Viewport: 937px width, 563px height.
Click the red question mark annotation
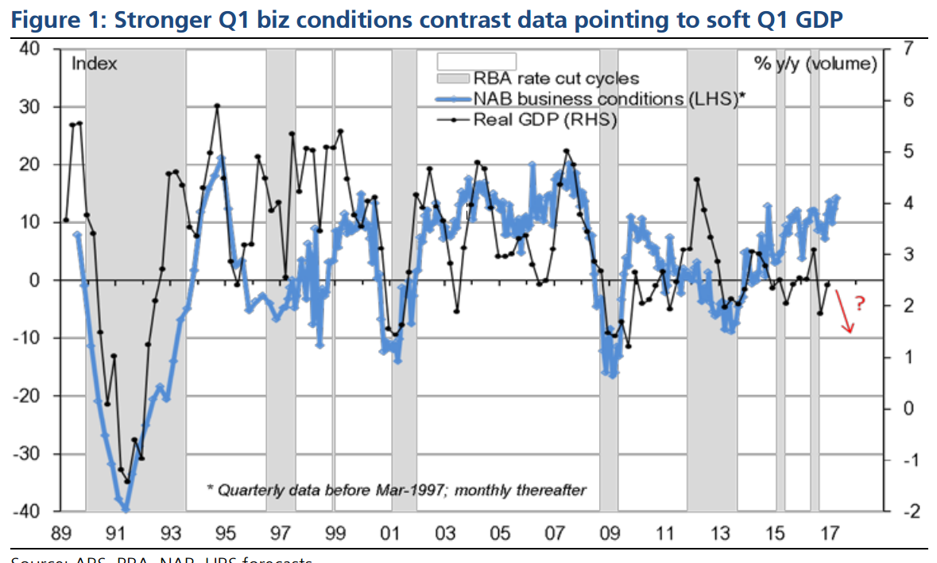click(x=860, y=303)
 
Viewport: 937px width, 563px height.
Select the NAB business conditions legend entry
click(x=608, y=99)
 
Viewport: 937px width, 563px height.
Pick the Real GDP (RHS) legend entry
click(x=544, y=120)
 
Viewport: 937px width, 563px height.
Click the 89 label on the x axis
click(x=63, y=532)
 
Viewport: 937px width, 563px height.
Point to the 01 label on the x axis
click(x=391, y=532)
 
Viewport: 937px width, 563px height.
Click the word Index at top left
click(x=95, y=64)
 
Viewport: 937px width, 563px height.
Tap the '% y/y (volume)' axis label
click(x=815, y=64)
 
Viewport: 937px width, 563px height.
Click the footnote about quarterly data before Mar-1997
click(x=396, y=490)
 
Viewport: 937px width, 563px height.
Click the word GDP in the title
click(x=815, y=19)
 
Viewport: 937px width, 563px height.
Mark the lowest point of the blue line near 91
click(x=126, y=511)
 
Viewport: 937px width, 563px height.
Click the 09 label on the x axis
click(x=610, y=532)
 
